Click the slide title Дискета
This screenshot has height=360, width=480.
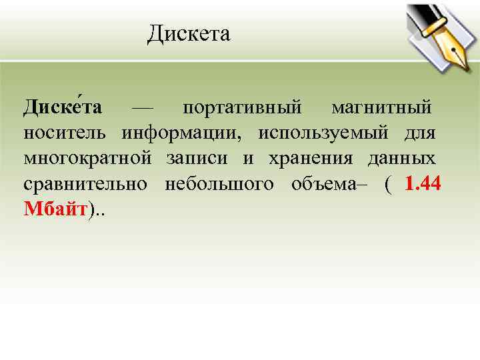[x=189, y=33]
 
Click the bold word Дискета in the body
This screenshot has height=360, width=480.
[x=63, y=107]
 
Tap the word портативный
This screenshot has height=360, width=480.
[x=242, y=107]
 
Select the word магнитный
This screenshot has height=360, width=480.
[x=381, y=107]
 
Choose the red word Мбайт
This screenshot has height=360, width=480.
[x=56, y=210]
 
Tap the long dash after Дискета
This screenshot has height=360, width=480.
[x=142, y=107]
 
